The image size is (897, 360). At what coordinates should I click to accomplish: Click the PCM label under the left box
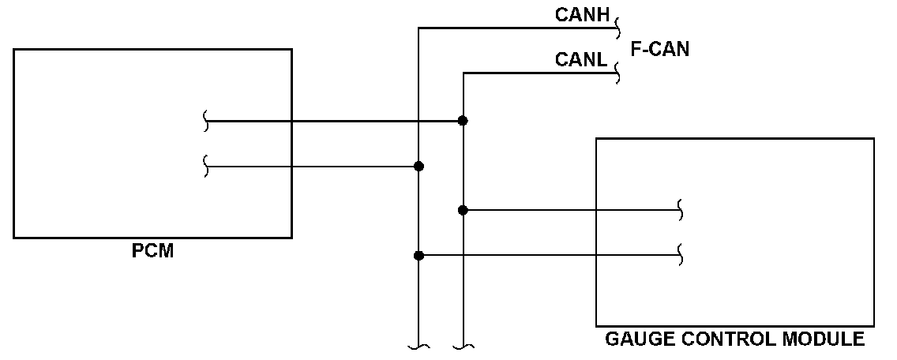[x=152, y=251]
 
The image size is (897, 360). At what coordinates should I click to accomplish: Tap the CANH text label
[x=583, y=15]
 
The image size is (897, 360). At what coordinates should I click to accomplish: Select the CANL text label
[x=580, y=59]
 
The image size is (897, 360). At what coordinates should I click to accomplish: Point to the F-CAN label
[x=660, y=49]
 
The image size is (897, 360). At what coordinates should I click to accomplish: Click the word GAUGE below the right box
[x=634, y=339]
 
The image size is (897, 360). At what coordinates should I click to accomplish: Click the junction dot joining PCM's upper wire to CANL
[x=463, y=121]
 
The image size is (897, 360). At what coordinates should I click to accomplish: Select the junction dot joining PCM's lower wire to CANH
[x=418, y=166]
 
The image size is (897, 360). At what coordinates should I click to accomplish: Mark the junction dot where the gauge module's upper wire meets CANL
[x=463, y=210]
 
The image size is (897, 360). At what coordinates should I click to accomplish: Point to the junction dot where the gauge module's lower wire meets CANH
[x=418, y=255]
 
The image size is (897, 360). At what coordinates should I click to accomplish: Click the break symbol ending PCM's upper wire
[x=206, y=121]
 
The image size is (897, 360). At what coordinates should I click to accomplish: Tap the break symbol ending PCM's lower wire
[x=206, y=166]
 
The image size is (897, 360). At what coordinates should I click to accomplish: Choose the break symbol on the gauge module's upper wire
[x=680, y=210]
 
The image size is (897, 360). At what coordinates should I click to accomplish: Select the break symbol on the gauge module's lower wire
[x=680, y=255]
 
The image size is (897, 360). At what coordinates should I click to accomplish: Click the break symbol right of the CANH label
[x=617, y=28]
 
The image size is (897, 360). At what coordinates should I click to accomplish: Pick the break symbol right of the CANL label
[x=617, y=73]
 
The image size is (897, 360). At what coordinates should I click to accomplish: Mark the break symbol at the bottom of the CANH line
[x=418, y=347]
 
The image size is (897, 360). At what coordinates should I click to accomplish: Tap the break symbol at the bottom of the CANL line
[x=463, y=347]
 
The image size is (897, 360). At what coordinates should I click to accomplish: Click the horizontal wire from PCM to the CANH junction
[x=313, y=166]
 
